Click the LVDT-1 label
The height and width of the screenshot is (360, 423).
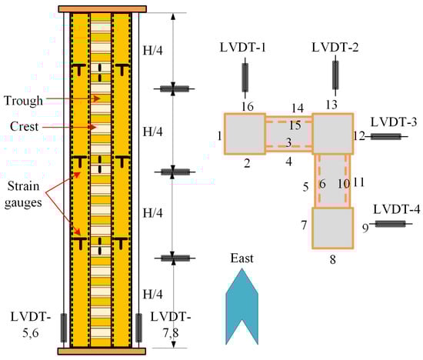pyautogui.click(x=243, y=48)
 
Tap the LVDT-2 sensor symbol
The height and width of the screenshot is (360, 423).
pyautogui.click(x=335, y=75)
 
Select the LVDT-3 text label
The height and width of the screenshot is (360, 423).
pyautogui.click(x=394, y=122)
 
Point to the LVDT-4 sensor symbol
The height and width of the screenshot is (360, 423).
pyautogui.click(x=391, y=224)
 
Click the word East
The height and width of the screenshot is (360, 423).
pyautogui.click(x=241, y=258)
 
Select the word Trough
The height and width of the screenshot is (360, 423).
pyautogui.click(x=24, y=101)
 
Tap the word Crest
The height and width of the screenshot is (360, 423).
pyautogui.click(x=24, y=126)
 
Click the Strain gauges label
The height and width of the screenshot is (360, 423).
pyautogui.click(x=23, y=195)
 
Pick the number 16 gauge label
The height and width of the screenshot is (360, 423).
pyautogui.click(x=248, y=107)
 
